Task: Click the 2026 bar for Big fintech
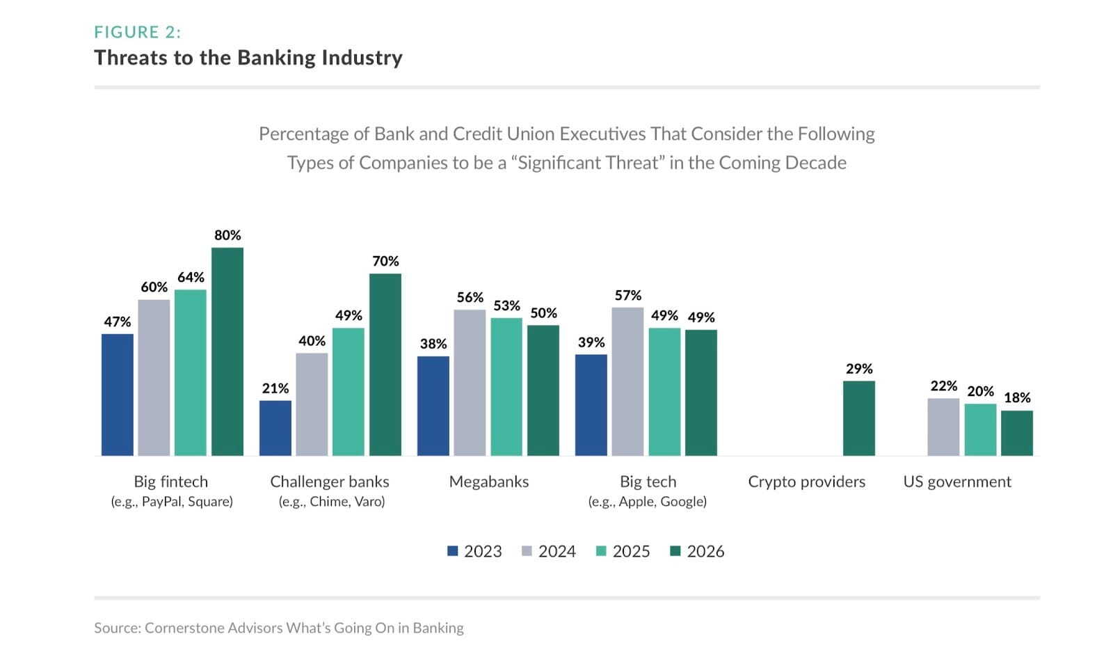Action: (227, 351)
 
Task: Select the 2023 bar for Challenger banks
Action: (275, 428)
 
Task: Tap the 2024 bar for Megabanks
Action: (470, 383)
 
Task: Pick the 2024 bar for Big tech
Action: (627, 381)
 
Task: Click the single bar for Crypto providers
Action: (859, 418)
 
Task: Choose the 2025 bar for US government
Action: (980, 429)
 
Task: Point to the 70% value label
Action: (385, 261)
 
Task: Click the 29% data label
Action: (859, 369)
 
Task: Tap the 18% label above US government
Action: (1017, 397)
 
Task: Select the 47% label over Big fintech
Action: (118, 322)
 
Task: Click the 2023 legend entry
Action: (474, 551)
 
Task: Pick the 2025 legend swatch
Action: (602, 551)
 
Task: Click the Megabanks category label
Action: (488, 482)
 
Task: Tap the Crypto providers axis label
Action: (806, 482)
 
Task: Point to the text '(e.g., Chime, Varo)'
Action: (331, 502)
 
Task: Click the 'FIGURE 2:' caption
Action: (138, 32)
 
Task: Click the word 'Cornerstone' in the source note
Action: (179, 628)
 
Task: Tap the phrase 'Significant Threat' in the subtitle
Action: (589, 163)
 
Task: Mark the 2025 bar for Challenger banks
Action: (349, 392)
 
